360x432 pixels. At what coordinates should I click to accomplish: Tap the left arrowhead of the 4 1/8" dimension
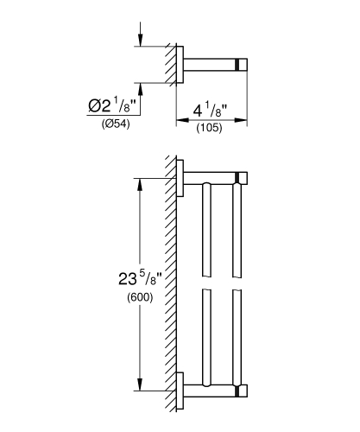point(181,122)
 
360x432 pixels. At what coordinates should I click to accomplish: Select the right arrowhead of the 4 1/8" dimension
point(244,122)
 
